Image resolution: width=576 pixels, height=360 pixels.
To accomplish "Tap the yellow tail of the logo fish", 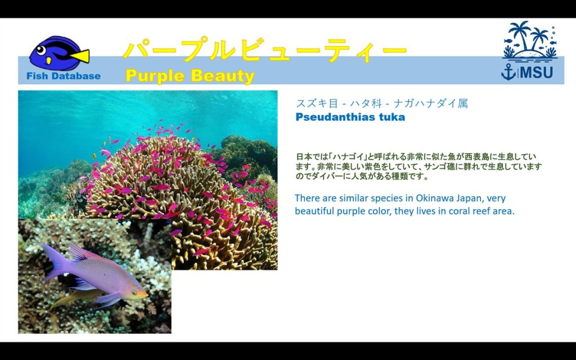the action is (x=81, y=56).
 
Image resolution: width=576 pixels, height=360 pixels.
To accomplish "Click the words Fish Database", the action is (x=64, y=76).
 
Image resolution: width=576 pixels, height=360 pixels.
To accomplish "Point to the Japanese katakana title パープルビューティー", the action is (x=264, y=49).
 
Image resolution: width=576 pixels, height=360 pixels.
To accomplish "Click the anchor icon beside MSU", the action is (x=508, y=72).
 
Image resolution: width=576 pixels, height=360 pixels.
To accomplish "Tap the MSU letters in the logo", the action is (x=537, y=73).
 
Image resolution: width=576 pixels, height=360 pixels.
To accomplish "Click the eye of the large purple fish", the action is (x=134, y=292).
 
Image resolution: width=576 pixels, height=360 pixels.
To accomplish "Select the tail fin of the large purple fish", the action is (x=55, y=261).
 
